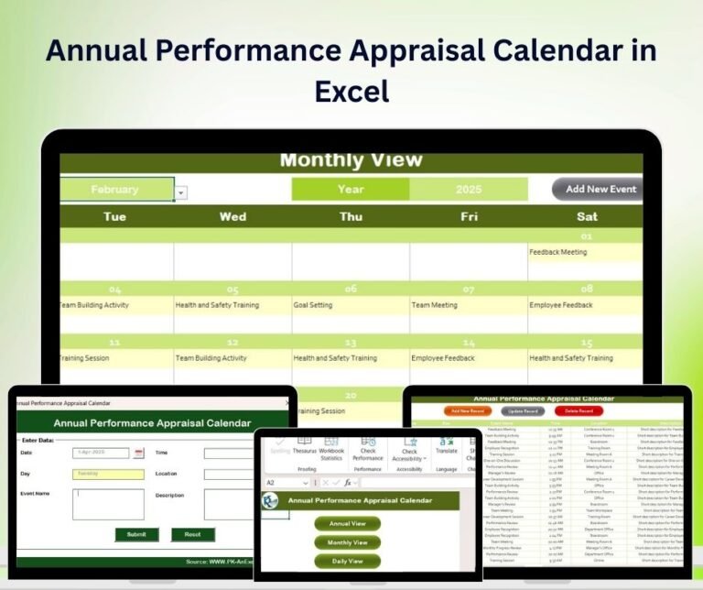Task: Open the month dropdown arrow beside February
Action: point(180,192)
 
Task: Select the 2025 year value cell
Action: point(469,190)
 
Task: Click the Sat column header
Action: point(587,216)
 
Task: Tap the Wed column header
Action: point(233,216)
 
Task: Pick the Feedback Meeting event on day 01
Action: point(558,252)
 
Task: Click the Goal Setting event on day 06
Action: point(313,305)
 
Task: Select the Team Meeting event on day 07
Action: point(434,305)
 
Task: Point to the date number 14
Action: point(469,342)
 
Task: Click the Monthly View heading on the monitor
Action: point(351,160)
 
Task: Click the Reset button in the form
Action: point(192,534)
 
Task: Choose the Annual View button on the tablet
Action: point(347,523)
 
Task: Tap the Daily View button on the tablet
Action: point(347,561)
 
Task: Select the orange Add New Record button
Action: point(468,411)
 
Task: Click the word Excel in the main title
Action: point(351,91)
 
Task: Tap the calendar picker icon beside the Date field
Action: point(139,453)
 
